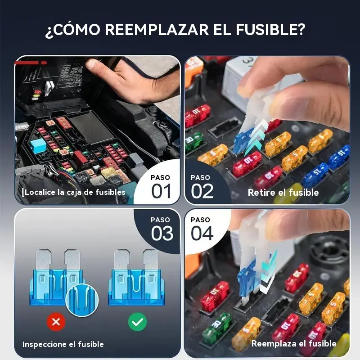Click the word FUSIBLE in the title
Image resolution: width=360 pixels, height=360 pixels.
tap(270, 29)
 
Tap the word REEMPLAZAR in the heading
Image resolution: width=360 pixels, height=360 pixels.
tap(157, 29)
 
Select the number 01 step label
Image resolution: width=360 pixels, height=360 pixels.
tap(161, 191)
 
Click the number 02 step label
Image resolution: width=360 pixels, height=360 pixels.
tap(202, 191)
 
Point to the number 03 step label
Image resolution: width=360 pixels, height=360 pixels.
tap(162, 233)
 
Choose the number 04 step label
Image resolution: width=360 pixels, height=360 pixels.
tap(202, 233)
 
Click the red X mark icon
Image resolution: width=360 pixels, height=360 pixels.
tap(56, 322)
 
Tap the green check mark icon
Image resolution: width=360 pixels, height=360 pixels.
tap(137, 322)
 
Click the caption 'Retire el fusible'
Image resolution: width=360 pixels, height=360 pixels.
tap(283, 193)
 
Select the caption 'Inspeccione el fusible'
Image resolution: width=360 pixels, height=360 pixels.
tap(63, 344)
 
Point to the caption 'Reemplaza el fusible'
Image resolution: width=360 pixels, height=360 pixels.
tap(294, 343)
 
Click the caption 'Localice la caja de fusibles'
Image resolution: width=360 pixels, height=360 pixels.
tap(75, 192)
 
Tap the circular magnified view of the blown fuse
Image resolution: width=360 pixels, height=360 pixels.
tap(82, 300)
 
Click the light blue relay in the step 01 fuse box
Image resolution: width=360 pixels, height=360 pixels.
tap(38, 145)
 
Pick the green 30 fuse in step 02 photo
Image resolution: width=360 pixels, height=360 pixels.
tap(193, 142)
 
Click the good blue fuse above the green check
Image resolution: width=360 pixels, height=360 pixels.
tap(136, 278)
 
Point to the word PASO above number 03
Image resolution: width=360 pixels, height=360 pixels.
tap(160, 220)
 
